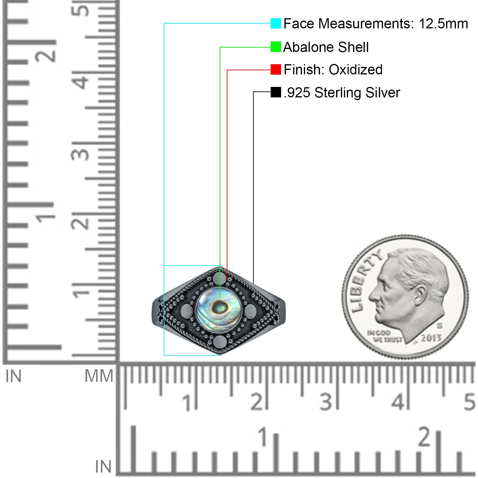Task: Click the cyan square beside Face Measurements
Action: coord(276,23)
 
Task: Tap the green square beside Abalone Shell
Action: coord(276,47)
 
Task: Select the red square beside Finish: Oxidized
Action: coord(276,70)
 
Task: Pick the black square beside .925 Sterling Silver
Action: coord(276,92)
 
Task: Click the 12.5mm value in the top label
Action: coord(443,24)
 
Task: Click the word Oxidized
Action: coord(356,70)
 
